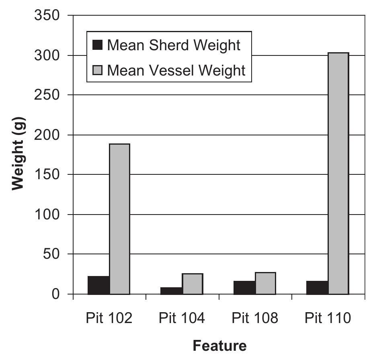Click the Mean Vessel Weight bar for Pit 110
[x=338, y=173]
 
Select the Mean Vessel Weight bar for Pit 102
[x=120, y=219]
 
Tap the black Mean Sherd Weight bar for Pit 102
[x=99, y=285]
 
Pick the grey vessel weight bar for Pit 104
[x=193, y=284]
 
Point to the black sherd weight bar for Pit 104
[x=172, y=290]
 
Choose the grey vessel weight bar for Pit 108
[x=265, y=283]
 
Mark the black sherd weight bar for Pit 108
[x=244, y=287]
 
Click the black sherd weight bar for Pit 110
[x=318, y=287]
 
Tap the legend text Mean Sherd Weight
[x=174, y=45]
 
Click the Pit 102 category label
[x=109, y=318]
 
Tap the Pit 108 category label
[x=255, y=318]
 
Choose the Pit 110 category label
[x=328, y=318]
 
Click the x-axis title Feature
[x=219, y=345]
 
